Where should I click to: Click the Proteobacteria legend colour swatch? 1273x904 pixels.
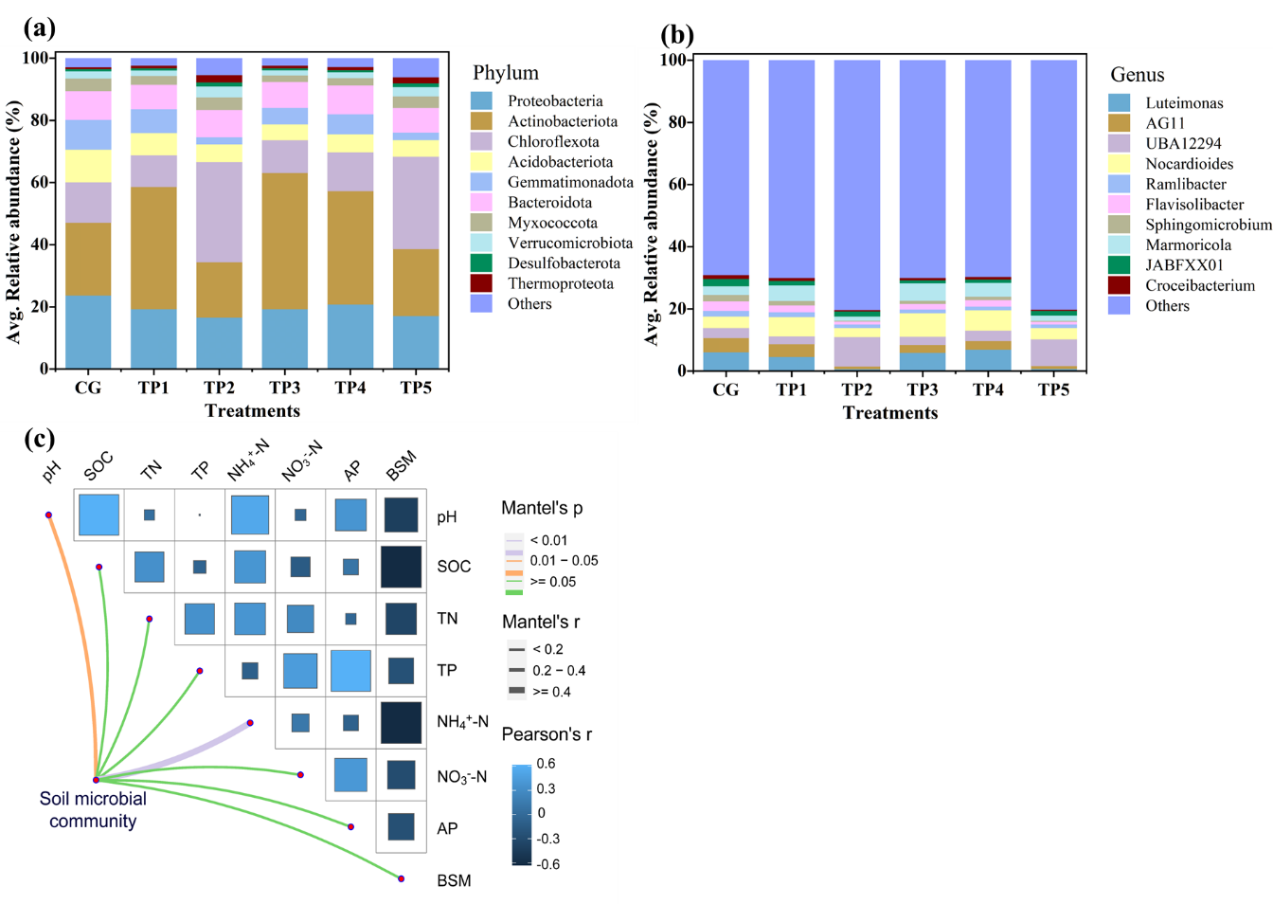pos(481,100)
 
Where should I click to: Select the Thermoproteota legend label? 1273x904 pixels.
pos(560,283)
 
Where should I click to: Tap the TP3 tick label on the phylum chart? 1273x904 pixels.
pos(284,388)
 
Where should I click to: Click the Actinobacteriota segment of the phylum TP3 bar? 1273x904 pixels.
pos(284,241)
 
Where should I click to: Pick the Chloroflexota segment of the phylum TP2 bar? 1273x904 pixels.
pos(219,212)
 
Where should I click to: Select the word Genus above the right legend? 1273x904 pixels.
pos(1137,75)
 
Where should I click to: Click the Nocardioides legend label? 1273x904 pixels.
pos(1189,164)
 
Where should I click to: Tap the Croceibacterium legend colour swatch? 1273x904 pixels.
pos(1119,285)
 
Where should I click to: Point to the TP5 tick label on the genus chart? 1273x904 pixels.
pos(1053,389)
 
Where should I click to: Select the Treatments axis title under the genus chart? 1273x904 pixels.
pos(890,413)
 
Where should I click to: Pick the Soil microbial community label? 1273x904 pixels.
pos(93,810)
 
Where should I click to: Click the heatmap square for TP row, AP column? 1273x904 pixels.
pos(350,671)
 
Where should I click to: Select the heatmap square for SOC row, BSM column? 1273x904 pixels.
pos(401,567)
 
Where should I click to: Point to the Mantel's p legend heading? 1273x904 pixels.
pos(542,509)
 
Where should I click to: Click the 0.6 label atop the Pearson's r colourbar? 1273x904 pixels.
pos(546,764)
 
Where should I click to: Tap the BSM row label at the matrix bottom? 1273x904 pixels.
pos(454,881)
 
